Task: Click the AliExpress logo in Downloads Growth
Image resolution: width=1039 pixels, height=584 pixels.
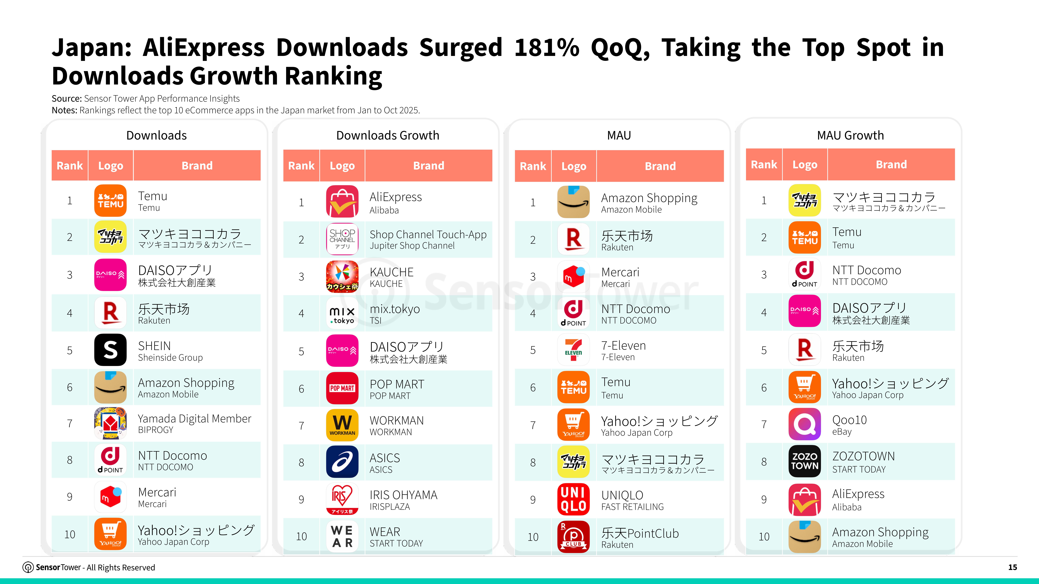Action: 342,202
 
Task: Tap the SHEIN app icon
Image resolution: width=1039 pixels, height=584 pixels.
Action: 110,350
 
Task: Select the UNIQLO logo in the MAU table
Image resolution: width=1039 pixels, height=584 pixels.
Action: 573,499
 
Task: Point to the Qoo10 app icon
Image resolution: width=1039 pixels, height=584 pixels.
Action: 804,424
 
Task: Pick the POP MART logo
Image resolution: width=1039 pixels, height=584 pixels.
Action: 342,388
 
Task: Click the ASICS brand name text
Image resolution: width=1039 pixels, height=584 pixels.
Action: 385,458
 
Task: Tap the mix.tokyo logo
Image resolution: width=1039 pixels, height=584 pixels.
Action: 342,313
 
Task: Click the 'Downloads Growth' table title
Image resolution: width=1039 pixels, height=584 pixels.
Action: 388,135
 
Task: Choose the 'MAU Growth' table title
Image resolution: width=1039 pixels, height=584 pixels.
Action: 850,135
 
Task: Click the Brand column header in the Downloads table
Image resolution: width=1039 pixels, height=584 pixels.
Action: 197,166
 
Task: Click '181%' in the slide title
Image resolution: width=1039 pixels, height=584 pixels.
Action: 547,47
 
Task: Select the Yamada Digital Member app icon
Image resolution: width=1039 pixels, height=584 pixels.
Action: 110,423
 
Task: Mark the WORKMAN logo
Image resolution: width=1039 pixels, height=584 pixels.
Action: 342,425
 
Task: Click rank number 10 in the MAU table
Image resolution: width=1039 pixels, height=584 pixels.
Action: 533,537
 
